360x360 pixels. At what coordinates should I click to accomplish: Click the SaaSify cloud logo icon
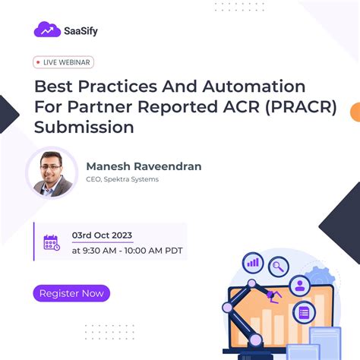tap(47, 30)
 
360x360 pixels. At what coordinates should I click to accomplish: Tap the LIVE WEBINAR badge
tap(64, 62)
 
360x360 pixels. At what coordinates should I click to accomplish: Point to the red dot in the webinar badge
tap(39, 62)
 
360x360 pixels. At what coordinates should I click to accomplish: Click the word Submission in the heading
tap(84, 127)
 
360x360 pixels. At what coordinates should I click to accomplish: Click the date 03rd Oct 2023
tap(103, 236)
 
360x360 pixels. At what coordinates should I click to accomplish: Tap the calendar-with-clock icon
tap(52, 243)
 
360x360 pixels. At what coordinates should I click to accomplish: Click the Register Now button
tap(72, 293)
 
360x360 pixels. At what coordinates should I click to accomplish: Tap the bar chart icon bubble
tap(253, 264)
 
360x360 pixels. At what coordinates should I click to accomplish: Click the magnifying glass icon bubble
tap(279, 266)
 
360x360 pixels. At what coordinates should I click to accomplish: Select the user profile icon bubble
tap(300, 286)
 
